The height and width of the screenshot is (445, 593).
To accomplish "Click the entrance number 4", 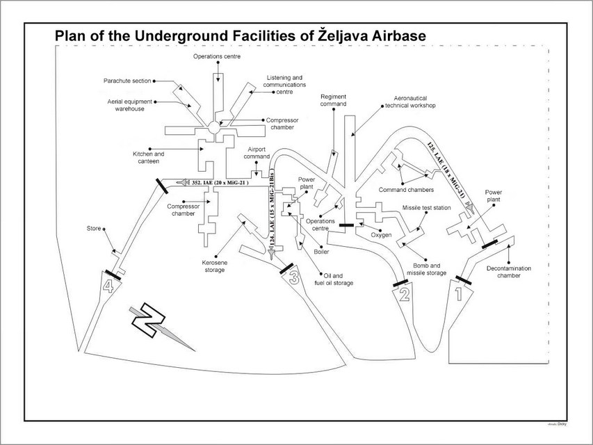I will (x=108, y=286).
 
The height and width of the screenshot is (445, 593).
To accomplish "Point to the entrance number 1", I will (x=458, y=293).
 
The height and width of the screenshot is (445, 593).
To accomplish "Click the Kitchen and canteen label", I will (x=149, y=157).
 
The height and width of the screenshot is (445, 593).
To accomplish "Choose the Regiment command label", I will (x=334, y=101).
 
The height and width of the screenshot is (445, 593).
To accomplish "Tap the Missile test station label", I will (x=426, y=208).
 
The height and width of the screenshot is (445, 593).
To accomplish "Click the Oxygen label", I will (x=382, y=235).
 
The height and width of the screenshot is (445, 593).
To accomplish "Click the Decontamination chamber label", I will (x=513, y=271).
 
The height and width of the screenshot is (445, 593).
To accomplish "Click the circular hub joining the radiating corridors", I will (x=214, y=127).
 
